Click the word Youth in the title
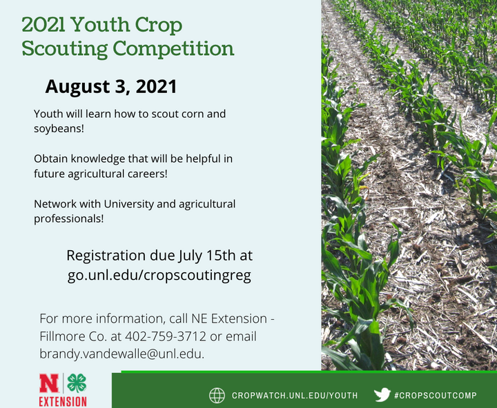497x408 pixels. click(100, 24)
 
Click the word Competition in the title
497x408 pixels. click(173, 49)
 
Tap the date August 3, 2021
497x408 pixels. click(111, 86)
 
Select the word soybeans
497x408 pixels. click(59, 129)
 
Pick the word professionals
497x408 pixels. click(69, 218)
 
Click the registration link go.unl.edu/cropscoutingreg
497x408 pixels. click(159, 275)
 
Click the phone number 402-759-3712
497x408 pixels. click(166, 336)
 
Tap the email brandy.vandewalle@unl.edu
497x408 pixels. click(121, 354)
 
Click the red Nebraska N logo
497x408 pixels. click(49, 383)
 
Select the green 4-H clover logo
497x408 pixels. click(77, 383)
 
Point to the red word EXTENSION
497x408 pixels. click(63, 401)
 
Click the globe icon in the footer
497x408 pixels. click(217, 396)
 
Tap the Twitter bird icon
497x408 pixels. click(382, 395)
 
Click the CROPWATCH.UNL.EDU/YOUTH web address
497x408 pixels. click(295, 396)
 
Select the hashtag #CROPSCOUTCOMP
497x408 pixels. click(436, 396)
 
